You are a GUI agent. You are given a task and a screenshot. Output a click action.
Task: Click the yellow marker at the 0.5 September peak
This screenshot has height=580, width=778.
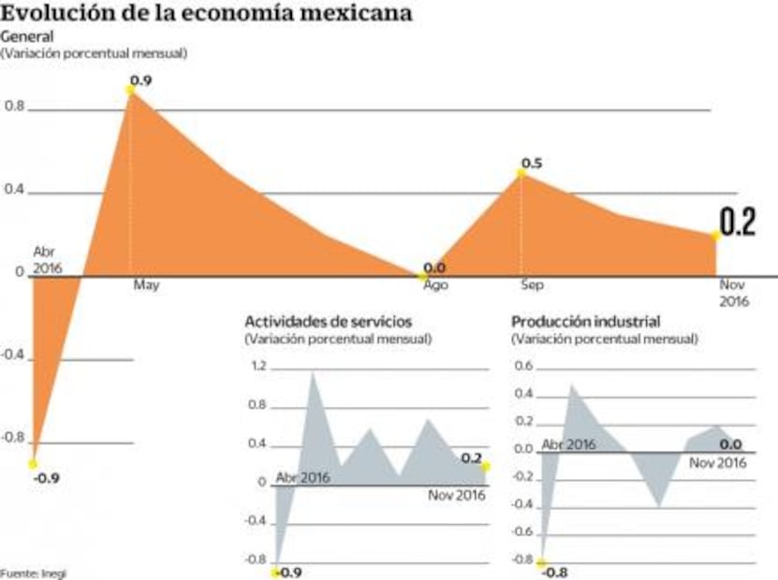coord(521,173)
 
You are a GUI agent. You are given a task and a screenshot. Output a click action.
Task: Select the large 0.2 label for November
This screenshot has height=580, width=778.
coord(737,223)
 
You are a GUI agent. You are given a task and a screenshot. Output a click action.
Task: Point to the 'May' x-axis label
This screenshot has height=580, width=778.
coord(145,284)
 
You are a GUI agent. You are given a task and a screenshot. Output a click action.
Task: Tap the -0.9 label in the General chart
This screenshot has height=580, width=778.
coord(47,477)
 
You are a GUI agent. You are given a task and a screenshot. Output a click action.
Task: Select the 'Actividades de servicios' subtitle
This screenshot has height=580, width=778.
coord(327,322)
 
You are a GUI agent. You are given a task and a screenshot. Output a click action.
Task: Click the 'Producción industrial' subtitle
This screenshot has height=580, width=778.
coord(586,322)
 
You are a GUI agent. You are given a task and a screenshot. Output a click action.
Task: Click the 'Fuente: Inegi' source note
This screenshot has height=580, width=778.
coord(34,573)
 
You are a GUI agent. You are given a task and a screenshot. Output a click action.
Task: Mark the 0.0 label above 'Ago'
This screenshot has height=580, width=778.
coord(434,268)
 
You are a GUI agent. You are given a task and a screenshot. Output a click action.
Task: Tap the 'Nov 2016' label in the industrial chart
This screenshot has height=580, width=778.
coord(717,462)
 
